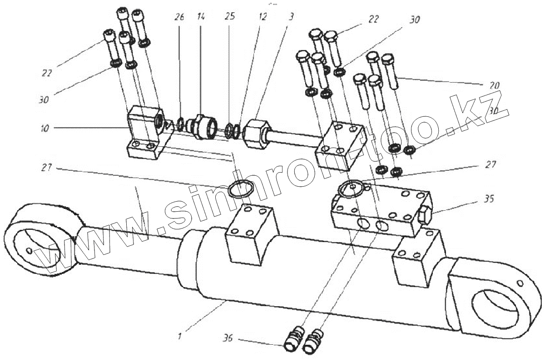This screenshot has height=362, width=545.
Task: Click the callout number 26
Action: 179,18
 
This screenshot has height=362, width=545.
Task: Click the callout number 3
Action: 291,17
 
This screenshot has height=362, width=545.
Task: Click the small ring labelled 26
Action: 180,124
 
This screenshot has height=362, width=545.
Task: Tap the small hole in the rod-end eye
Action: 29,250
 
